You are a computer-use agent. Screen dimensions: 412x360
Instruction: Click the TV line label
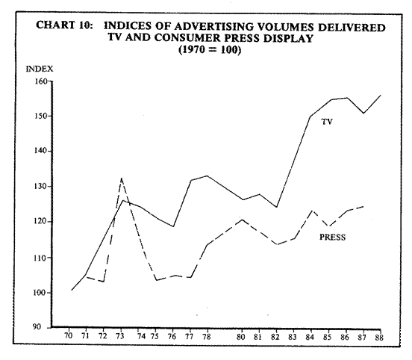327,122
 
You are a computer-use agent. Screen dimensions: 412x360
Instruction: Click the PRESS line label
332,238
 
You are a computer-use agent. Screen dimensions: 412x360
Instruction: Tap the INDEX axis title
40,69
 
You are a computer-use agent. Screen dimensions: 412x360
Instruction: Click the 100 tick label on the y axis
40,293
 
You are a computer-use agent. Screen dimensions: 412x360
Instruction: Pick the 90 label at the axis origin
37,327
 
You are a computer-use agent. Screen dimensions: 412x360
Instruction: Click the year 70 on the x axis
69,336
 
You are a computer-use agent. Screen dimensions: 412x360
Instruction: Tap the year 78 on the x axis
207,337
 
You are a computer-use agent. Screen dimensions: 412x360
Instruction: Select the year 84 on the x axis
310,337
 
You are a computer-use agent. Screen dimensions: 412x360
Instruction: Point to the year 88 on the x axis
379,338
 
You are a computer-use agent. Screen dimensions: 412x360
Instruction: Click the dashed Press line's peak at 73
122,179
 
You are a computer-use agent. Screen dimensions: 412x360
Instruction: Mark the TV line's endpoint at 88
381,95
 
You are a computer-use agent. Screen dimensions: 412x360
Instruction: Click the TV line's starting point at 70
72,290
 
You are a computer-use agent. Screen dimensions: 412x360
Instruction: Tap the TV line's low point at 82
276,207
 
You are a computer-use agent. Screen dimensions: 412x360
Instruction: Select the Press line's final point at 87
363,206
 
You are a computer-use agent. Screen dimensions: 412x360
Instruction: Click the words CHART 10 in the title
64,25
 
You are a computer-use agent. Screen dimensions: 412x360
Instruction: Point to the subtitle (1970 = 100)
210,50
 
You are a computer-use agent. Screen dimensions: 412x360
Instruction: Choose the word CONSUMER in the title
187,38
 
